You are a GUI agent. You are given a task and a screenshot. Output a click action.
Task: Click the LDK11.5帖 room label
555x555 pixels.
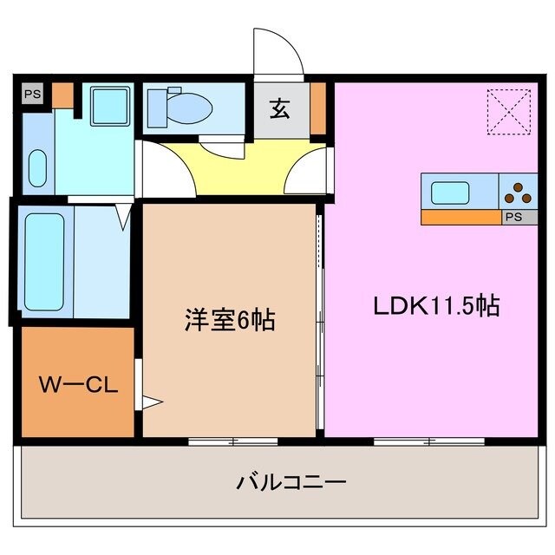click(x=436, y=306)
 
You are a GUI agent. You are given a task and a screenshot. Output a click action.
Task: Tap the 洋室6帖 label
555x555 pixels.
click(x=230, y=320)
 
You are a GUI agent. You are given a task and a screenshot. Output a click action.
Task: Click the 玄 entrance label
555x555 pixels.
click(x=279, y=109)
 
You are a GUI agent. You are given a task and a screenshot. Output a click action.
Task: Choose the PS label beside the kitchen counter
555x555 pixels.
click(x=513, y=218)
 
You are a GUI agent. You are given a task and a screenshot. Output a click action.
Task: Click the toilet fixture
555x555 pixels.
click(x=180, y=107)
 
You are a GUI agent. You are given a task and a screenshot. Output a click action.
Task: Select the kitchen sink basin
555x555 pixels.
click(x=450, y=192)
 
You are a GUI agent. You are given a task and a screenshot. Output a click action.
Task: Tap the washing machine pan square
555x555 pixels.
click(x=110, y=108)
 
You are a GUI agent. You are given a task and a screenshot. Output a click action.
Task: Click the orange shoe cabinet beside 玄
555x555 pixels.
click(x=317, y=108)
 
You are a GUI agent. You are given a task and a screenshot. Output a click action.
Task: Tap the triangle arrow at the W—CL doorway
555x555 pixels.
click(x=152, y=401)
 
